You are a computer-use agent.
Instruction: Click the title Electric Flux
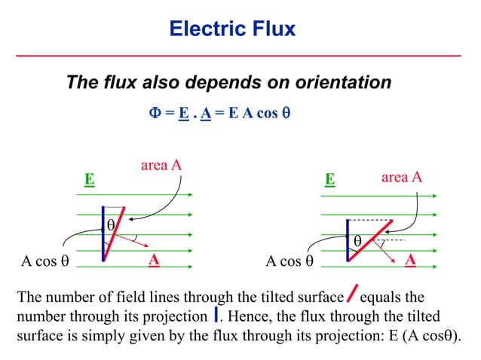click(232, 29)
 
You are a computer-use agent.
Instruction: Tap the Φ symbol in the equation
click(152, 114)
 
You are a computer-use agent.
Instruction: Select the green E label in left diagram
click(89, 180)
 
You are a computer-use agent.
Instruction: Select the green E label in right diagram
click(329, 180)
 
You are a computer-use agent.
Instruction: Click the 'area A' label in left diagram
click(161, 165)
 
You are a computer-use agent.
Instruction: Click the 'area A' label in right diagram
click(401, 177)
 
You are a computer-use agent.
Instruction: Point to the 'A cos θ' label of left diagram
click(44, 262)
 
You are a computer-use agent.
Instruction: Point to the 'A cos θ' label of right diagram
click(290, 262)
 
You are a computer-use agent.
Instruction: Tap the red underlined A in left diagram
click(153, 260)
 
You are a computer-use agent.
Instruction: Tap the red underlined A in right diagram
click(411, 260)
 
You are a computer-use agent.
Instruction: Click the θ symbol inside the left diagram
click(110, 224)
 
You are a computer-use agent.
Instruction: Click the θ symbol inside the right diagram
click(358, 240)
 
